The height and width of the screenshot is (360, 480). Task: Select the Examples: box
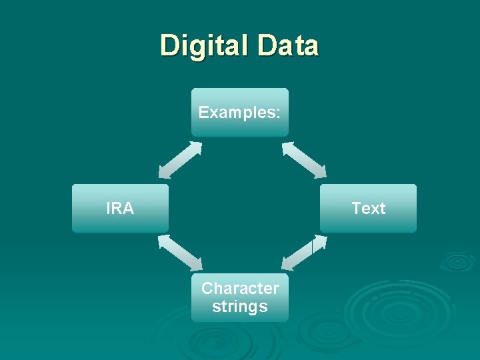click(x=240, y=112)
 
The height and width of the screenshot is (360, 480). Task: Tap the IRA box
click(x=120, y=208)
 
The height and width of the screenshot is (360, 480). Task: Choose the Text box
click(x=368, y=208)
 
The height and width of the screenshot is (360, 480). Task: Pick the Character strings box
click(x=240, y=297)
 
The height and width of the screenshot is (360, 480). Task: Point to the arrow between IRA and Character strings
click(x=180, y=253)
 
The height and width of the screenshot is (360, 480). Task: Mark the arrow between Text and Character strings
click(x=304, y=254)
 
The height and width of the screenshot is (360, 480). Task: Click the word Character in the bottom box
click(x=240, y=289)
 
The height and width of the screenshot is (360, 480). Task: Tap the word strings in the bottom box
click(x=240, y=307)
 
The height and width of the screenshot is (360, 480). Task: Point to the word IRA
click(x=120, y=209)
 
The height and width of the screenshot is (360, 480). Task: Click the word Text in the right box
click(x=369, y=209)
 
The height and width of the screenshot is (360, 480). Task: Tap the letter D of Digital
click(x=169, y=45)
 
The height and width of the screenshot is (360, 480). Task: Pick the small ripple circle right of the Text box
click(x=457, y=261)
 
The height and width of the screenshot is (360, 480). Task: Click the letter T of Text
click(x=356, y=209)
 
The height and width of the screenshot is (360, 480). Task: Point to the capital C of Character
click(x=207, y=289)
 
